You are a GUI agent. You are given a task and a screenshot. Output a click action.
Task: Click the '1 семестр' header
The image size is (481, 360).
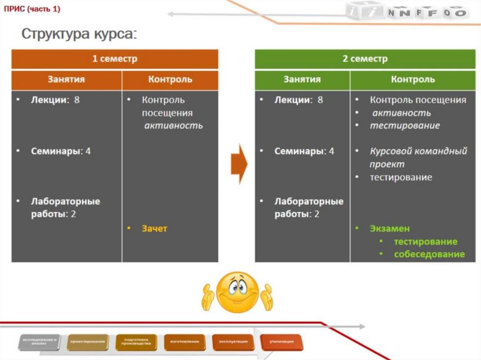[115, 59]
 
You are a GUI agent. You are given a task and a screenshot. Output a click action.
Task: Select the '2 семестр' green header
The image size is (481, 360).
[365, 59]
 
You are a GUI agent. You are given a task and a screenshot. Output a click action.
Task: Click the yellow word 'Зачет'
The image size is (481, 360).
[155, 229]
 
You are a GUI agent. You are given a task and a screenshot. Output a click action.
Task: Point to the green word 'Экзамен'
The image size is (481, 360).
[389, 229]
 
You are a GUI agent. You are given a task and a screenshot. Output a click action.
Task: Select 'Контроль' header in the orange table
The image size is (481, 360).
[170, 79]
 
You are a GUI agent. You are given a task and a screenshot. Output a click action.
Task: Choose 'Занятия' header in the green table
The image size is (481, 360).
[302, 79]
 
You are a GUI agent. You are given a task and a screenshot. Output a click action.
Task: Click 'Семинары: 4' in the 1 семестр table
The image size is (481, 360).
[61, 151]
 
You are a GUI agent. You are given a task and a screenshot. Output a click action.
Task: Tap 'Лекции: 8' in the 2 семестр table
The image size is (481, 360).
[298, 100]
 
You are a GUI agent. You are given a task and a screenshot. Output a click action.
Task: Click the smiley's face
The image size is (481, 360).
[237, 291]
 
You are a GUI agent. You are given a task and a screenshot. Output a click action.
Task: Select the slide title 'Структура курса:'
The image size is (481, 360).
[79, 35]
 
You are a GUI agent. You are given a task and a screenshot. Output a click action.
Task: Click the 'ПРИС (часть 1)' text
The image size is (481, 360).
[32, 9]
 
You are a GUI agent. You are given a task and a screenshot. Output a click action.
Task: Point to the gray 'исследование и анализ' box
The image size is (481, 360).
[40, 342]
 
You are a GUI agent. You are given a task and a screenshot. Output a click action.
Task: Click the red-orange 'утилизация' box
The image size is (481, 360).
[281, 342]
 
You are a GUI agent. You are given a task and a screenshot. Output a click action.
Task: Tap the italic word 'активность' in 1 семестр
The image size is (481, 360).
[173, 125]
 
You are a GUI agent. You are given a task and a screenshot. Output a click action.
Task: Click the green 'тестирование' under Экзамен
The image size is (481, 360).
[425, 241]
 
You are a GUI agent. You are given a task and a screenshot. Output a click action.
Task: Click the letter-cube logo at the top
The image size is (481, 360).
[407, 11]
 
